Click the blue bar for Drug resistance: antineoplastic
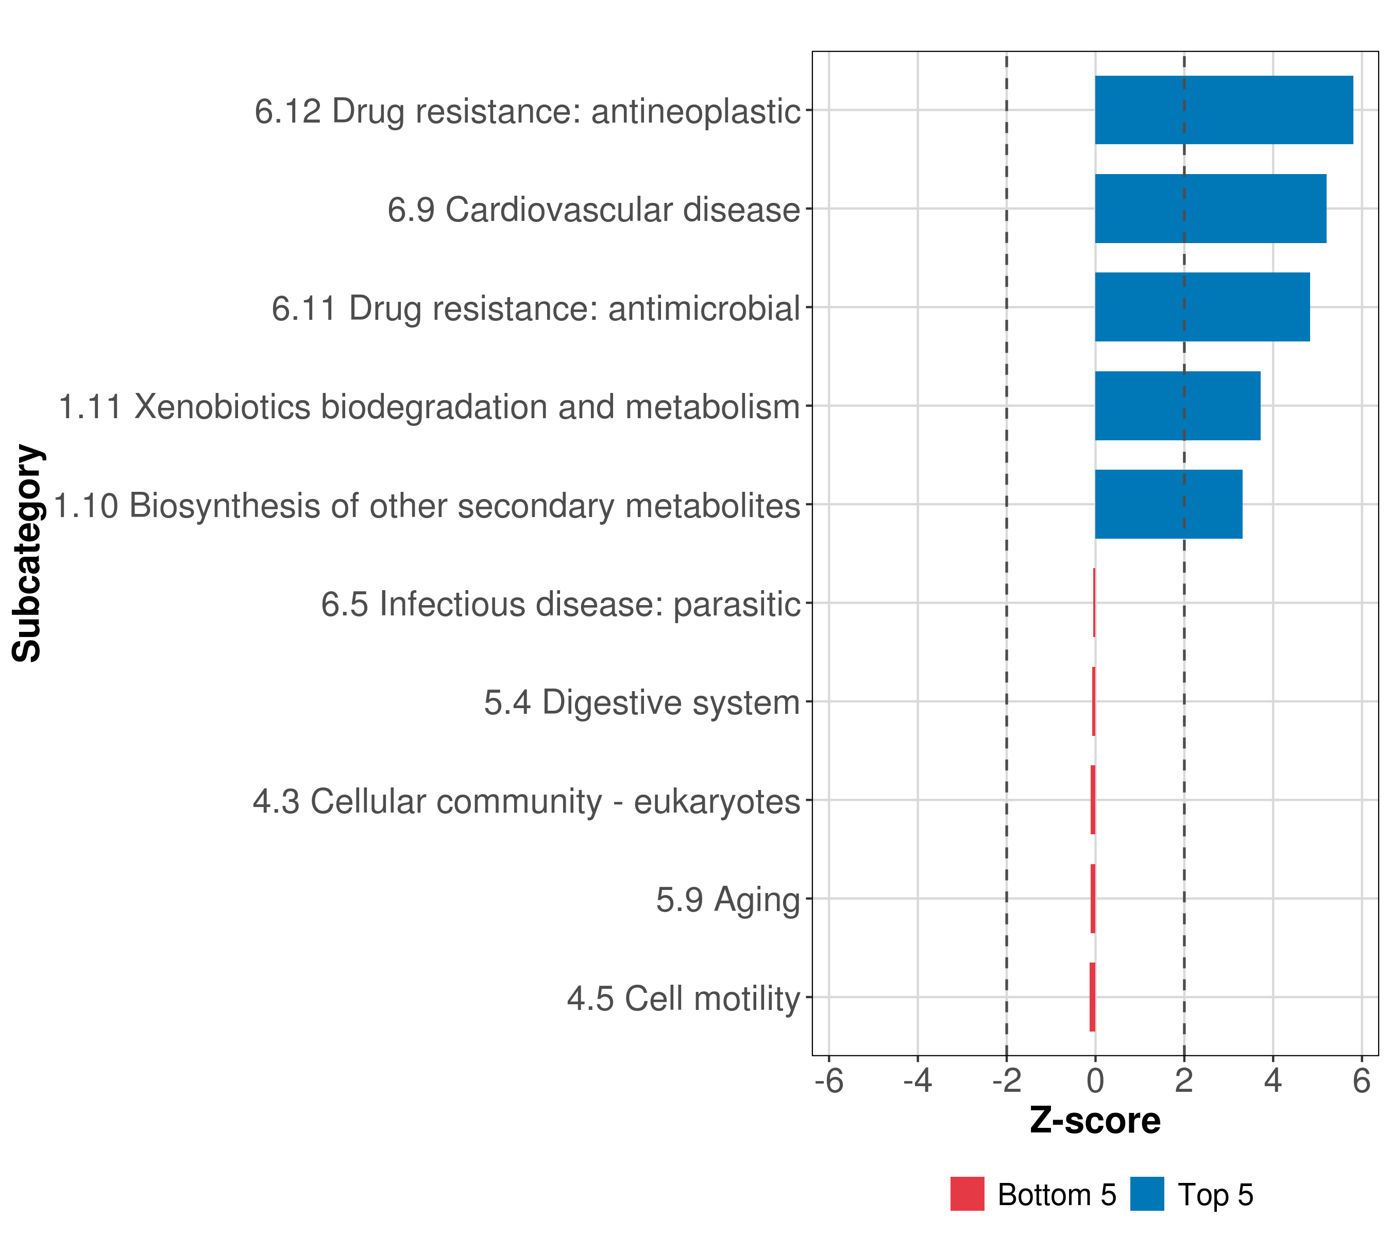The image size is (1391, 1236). (1223, 110)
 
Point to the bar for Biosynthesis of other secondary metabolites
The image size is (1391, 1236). (1168, 504)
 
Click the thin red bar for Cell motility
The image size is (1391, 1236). (1092, 997)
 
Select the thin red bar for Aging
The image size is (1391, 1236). (1093, 898)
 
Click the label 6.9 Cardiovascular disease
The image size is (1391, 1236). (593, 210)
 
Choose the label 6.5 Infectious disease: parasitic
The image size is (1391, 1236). (560, 604)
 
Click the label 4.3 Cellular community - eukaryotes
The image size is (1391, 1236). (526, 801)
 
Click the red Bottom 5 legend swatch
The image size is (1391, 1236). (967, 1194)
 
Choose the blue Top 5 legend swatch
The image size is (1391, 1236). (1147, 1194)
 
